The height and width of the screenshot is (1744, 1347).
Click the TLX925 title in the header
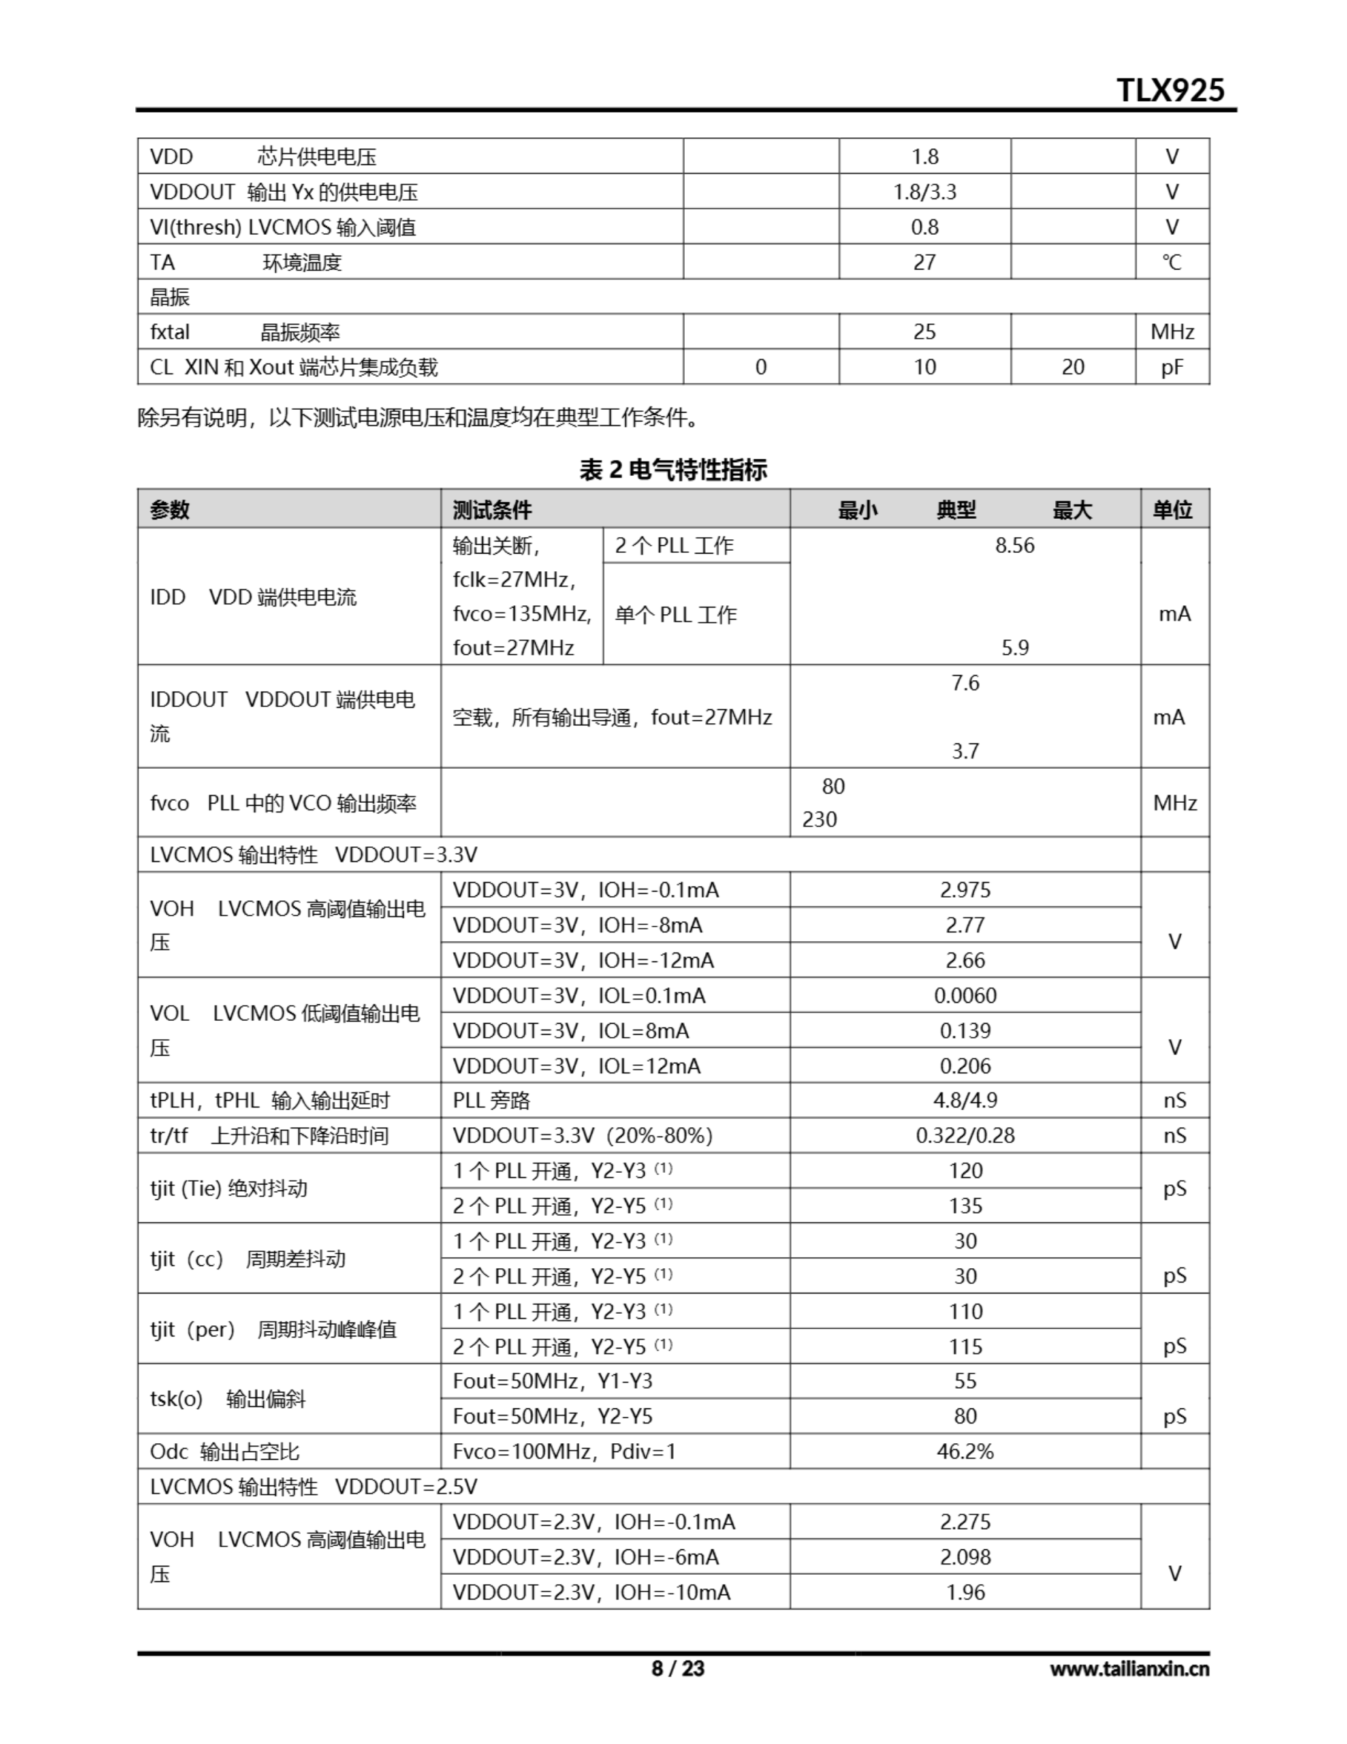pos(1170,90)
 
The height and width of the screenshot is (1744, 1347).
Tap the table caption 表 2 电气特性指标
pos(673,469)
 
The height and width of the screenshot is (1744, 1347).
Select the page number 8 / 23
pos(678,1668)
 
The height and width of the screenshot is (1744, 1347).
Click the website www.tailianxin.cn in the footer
pos(1129,1668)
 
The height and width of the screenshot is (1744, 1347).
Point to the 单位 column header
pos(1172,510)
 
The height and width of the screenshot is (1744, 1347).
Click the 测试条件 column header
pos(492,510)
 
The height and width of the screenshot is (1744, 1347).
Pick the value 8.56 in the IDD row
pos(1014,546)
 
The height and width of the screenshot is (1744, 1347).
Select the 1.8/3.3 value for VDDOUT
pos(925,191)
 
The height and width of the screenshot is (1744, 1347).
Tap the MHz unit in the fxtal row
pos(1172,332)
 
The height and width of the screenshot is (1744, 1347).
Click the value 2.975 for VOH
pos(964,890)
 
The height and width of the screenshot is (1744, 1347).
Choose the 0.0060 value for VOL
pos(964,996)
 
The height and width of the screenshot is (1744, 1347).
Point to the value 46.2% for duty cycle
pos(964,1451)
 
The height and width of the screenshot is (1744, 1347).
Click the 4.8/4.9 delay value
pos(964,1100)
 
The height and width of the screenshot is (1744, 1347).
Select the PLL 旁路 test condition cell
pos(492,1100)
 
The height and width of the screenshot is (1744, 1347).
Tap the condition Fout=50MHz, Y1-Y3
pos(552,1381)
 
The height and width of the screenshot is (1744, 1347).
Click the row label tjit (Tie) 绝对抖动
pos(228,1188)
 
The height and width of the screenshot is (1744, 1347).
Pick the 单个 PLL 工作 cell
pos(676,615)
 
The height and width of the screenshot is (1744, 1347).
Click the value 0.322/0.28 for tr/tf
pos(964,1136)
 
